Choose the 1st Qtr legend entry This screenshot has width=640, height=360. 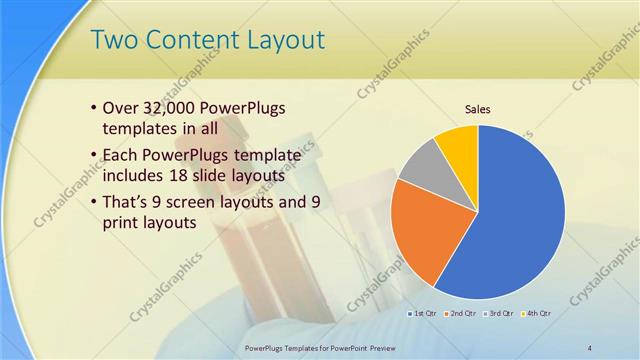424,314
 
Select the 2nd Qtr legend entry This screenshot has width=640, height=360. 461,314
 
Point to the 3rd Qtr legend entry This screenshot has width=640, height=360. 498,314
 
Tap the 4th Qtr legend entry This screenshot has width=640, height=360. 535,314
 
